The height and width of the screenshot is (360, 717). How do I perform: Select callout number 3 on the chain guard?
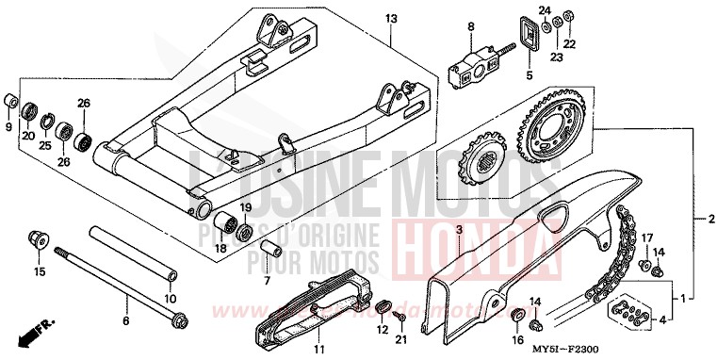click(x=459, y=229)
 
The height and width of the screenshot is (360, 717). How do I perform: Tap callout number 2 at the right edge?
click(x=699, y=218)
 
